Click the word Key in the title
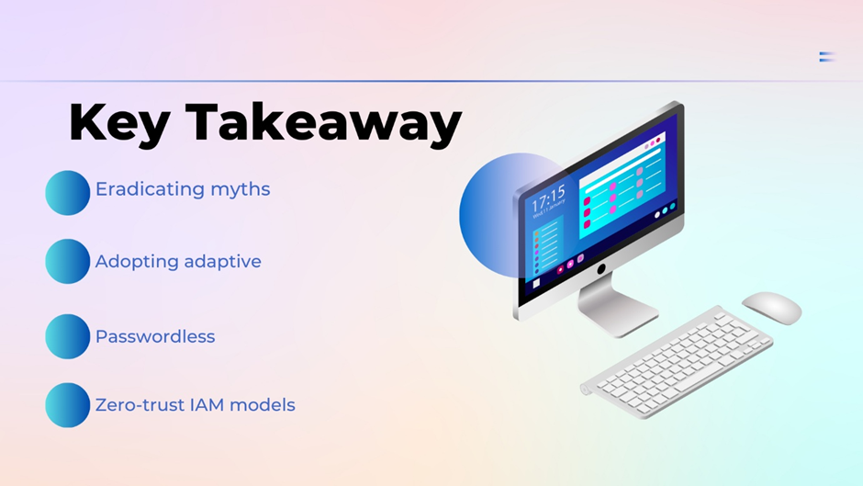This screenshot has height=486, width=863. (x=119, y=125)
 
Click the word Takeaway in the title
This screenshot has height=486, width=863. (x=323, y=125)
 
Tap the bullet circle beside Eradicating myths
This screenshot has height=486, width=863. (x=67, y=192)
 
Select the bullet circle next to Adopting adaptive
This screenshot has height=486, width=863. (x=67, y=261)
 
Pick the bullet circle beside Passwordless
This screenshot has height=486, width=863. (x=67, y=336)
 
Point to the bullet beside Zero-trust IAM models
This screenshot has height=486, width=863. (x=67, y=405)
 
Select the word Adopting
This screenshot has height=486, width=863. (x=137, y=262)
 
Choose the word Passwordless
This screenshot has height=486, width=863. (x=155, y=336)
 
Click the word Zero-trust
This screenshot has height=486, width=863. (x=140, y=405)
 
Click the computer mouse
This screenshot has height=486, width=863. (x=771, y=308)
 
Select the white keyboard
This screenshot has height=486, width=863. (x=677, y=361)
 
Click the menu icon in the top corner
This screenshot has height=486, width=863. (x=826, y=56)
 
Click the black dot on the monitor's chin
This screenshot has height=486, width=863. (x=601, y=268)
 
